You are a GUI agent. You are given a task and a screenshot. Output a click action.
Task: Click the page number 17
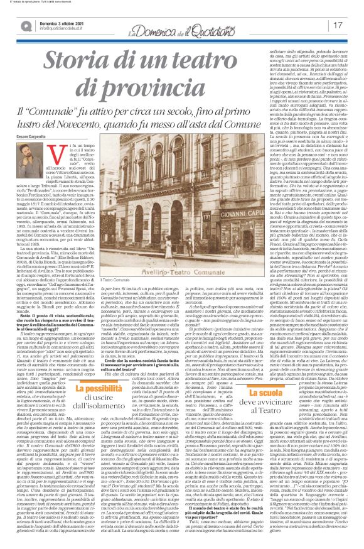[x=351, y=24]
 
